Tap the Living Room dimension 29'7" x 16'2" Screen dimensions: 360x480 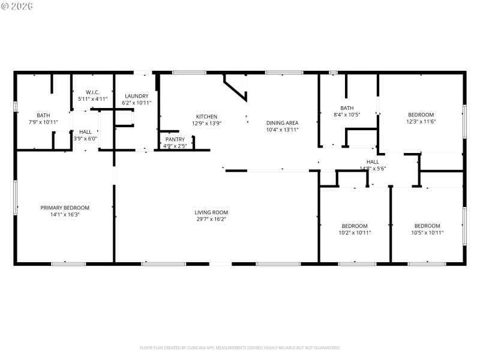click(x=211, y=219)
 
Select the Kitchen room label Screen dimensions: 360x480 click(x=206, y=116)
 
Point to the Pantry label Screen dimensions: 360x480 click(x=175, y=139)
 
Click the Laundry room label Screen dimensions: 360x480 click(x=136, y=96)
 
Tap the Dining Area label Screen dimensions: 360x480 click(x=282, y=122)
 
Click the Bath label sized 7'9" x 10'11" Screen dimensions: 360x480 click(x=43, y=115)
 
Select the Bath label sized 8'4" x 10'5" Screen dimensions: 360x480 click(x=347, y=108)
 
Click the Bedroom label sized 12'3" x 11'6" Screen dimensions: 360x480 click(x=421, y=115)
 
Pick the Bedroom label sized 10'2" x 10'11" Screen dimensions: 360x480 click(x=355, y=226)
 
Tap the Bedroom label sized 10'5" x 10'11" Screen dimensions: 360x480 click(x=427, y=226)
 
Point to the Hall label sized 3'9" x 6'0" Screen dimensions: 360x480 click(x=85, y=131)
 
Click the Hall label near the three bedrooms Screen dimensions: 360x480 click(x=373, y=161)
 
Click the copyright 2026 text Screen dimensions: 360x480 click(x=17, y=6)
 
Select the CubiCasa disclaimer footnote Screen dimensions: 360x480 click(x=240, y=347)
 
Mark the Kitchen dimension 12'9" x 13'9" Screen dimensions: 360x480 click(x=206, y=123)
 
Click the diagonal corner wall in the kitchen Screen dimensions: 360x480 click(x=235, y=87)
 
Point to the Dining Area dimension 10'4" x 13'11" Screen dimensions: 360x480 click(x=282, y=129)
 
